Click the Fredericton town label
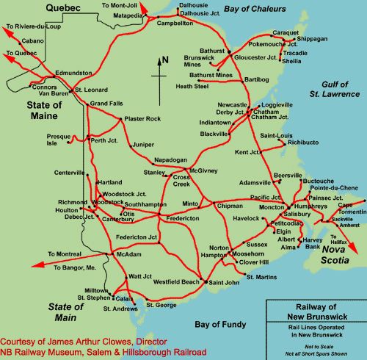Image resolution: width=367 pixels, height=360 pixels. [183, 218]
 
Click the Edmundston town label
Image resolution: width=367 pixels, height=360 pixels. [74, 73]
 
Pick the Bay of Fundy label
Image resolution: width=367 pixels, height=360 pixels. [220, 324]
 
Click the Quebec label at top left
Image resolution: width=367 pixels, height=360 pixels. [62, 7]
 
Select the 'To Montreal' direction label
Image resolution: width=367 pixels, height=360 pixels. [65, 254]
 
